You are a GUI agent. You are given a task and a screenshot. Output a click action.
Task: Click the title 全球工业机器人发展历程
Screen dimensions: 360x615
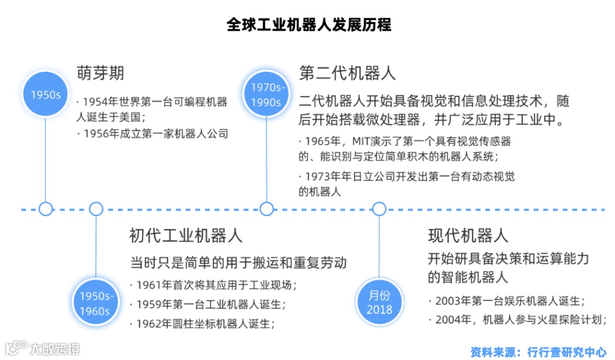tap(309, 26)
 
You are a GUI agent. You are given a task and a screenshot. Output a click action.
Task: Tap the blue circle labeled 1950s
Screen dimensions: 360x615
tap(46, 95)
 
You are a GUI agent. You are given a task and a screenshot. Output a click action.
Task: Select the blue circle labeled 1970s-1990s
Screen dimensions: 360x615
tap(266, 95)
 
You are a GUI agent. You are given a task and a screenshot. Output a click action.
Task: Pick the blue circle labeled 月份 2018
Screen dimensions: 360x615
tap(379, 302)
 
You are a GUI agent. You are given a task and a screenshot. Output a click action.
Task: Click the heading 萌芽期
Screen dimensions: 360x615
tap(101, 73)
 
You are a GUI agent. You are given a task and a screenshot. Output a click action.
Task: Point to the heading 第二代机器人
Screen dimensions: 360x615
tap(347, 73)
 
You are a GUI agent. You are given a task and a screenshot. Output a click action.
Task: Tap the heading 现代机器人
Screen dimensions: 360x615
tap(468, 235)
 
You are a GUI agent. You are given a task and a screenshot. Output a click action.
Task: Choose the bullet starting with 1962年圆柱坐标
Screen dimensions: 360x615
tap(205, 324)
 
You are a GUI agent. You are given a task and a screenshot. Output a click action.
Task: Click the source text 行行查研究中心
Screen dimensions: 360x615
tap(567, 352)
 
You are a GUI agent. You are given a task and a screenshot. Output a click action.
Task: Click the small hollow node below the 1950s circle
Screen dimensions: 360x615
tap(46, 208)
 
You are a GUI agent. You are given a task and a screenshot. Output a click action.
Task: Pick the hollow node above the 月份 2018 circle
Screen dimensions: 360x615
tap(379, 208)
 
